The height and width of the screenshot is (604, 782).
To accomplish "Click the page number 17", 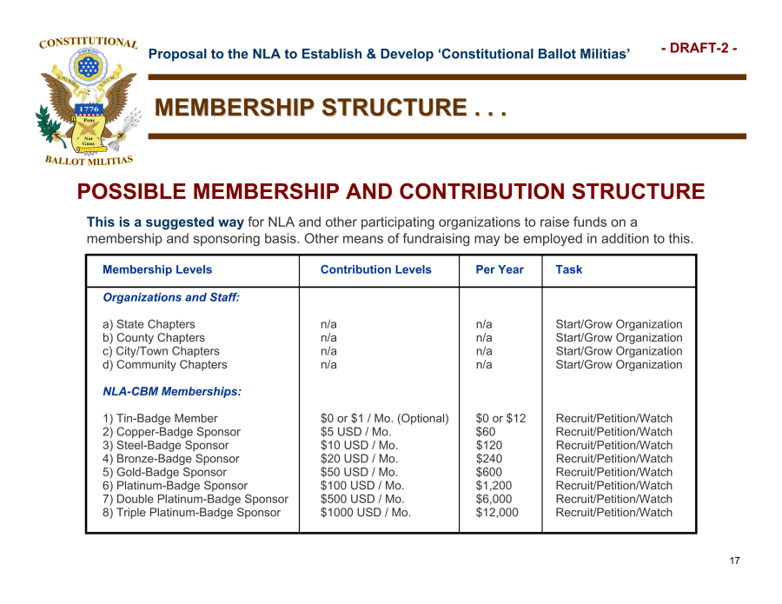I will tap(734, 561).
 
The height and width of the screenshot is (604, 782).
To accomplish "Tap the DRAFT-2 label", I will tap(699, 49).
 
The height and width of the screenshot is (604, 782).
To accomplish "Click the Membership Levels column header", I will tap(157, 269).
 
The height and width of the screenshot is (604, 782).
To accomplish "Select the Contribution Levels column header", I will tap(375, 269).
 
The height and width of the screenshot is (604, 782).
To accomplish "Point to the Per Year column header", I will tap(500, 269).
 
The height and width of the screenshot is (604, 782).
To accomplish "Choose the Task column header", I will tap(569, 269).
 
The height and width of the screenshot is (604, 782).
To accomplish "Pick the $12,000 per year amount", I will tap(497, 513).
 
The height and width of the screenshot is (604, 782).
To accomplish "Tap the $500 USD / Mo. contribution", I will tap(362, 499).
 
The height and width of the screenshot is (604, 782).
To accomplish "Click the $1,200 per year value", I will tap(494, 486).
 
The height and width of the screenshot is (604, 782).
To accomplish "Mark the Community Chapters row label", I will tap(165, 365).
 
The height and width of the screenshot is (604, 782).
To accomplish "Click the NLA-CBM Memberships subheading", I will tap(172, 392).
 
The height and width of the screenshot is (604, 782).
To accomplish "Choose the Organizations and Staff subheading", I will tap(171, 297).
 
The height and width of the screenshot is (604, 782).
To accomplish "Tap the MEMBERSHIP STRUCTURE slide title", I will tap(330, 108).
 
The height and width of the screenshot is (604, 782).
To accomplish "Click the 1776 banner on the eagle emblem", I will tap(89, 109).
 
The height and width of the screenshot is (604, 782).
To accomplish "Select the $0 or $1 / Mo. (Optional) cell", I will tap(385, 419).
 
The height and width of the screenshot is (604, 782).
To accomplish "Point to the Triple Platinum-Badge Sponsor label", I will tap(192, 513).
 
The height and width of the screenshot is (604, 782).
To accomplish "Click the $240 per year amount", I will tap(490, 459).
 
